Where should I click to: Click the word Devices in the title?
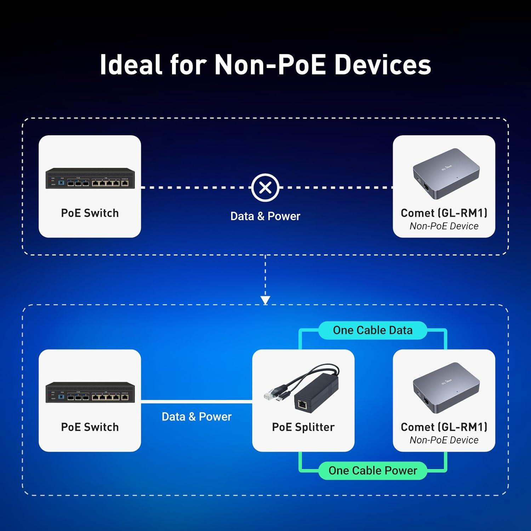[383, 64]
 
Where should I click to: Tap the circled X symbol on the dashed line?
[265, 188]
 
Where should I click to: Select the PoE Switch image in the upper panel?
[90, 178]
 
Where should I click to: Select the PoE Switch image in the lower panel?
[90, 392]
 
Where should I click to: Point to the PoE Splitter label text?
[303, 427]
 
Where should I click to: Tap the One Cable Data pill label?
[373, 330]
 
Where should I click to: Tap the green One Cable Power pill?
[373, 470]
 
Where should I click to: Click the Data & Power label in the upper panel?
[265, 216]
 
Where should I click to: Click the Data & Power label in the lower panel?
[196, 417]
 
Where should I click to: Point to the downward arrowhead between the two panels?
[265, 300]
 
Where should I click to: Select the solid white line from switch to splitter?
[196, 401]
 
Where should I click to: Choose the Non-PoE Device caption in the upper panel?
[444, 226]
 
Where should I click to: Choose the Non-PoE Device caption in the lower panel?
[444, 440]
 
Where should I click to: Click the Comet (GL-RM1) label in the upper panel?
[444, 213]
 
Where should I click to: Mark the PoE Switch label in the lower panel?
[90, 427]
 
